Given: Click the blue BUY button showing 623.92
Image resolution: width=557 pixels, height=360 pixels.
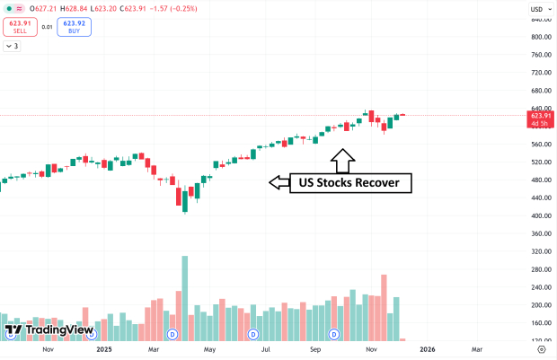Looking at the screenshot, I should pos(73,26).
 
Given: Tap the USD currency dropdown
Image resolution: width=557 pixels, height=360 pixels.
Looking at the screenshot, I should pos(538,9).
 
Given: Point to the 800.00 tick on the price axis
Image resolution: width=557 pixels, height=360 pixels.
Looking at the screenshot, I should pos(540,37).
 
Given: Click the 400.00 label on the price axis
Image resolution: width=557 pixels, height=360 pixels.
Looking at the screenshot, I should pos(540,215).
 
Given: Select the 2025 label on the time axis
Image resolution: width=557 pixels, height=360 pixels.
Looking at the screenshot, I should pos(104,349).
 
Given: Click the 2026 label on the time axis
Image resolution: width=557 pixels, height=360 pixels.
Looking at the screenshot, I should pos(427,349).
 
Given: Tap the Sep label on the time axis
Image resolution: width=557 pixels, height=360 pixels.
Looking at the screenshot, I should pos(315,349).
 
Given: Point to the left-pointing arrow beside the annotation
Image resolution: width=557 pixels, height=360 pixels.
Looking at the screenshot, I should pos(280,182).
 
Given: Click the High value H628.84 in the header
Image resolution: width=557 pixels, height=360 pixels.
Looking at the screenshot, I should pos(111,7).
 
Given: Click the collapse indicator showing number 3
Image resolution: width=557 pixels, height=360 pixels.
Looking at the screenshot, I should pos(13,45).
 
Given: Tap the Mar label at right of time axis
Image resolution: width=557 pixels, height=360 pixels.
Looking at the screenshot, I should pos(476,349).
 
